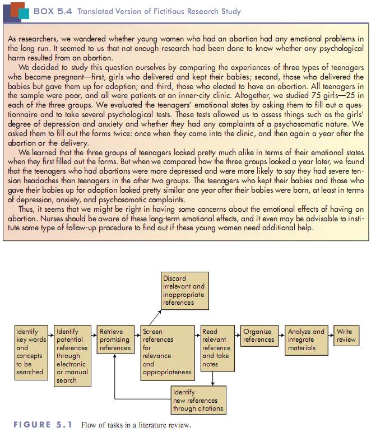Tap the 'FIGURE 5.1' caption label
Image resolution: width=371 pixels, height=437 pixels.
click(43, 425)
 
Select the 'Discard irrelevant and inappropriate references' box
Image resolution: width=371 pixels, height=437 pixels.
click(184, 290)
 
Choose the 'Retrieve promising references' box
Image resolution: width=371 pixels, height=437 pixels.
click(114, 340)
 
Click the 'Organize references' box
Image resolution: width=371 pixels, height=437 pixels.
click(258, 336)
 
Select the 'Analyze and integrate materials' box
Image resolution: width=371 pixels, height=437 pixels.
click(305, 340)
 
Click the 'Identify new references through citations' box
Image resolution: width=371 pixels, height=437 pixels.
click(198, 401)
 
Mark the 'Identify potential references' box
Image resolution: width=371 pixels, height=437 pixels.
click(72, 355)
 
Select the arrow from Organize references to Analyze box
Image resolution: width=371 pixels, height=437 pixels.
click(280, 332)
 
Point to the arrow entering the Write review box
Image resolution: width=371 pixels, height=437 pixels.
click(330, 332)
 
